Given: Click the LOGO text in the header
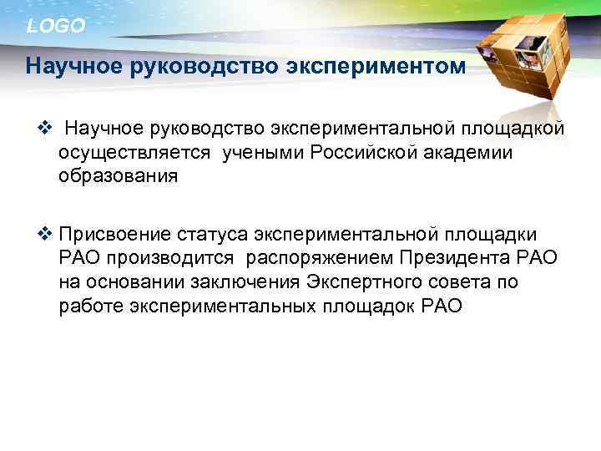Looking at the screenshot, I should (56, 26).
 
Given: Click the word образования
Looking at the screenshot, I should (118, 177).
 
